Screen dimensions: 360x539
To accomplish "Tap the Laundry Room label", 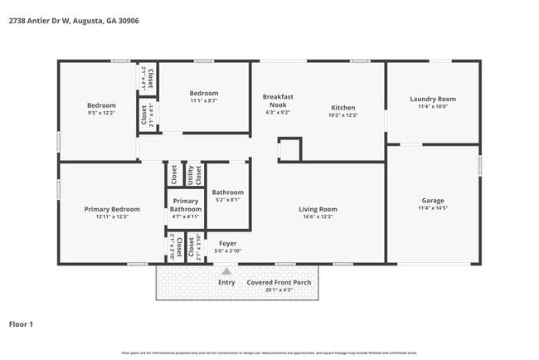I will [433, 100].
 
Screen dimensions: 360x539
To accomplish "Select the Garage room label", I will [433, 200].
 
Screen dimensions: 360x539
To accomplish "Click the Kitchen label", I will [343, 108].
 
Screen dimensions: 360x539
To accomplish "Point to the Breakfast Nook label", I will [276, 100].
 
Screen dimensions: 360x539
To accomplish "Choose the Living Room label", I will [318, 209].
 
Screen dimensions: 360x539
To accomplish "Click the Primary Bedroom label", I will [112, 209].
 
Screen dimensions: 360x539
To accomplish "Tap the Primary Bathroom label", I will [186, 205].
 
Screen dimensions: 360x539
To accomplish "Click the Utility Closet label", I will [192, 173].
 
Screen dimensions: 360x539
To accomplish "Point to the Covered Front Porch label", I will [279, 282].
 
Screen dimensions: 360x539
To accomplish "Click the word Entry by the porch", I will [226, 282].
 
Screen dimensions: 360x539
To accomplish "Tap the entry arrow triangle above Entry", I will [226, 270].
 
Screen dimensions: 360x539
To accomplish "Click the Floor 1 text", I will [21, 324].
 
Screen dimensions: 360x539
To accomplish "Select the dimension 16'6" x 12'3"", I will [318, 216].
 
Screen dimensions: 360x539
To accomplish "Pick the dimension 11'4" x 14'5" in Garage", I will [433, 207].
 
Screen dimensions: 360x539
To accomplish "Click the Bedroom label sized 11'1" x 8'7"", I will [203, 93].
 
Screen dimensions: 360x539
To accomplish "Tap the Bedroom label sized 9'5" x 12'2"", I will [102, 105].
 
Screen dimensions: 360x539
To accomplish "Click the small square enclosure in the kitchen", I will [289, 149].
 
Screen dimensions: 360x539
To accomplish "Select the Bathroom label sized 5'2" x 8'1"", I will [228, 192].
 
